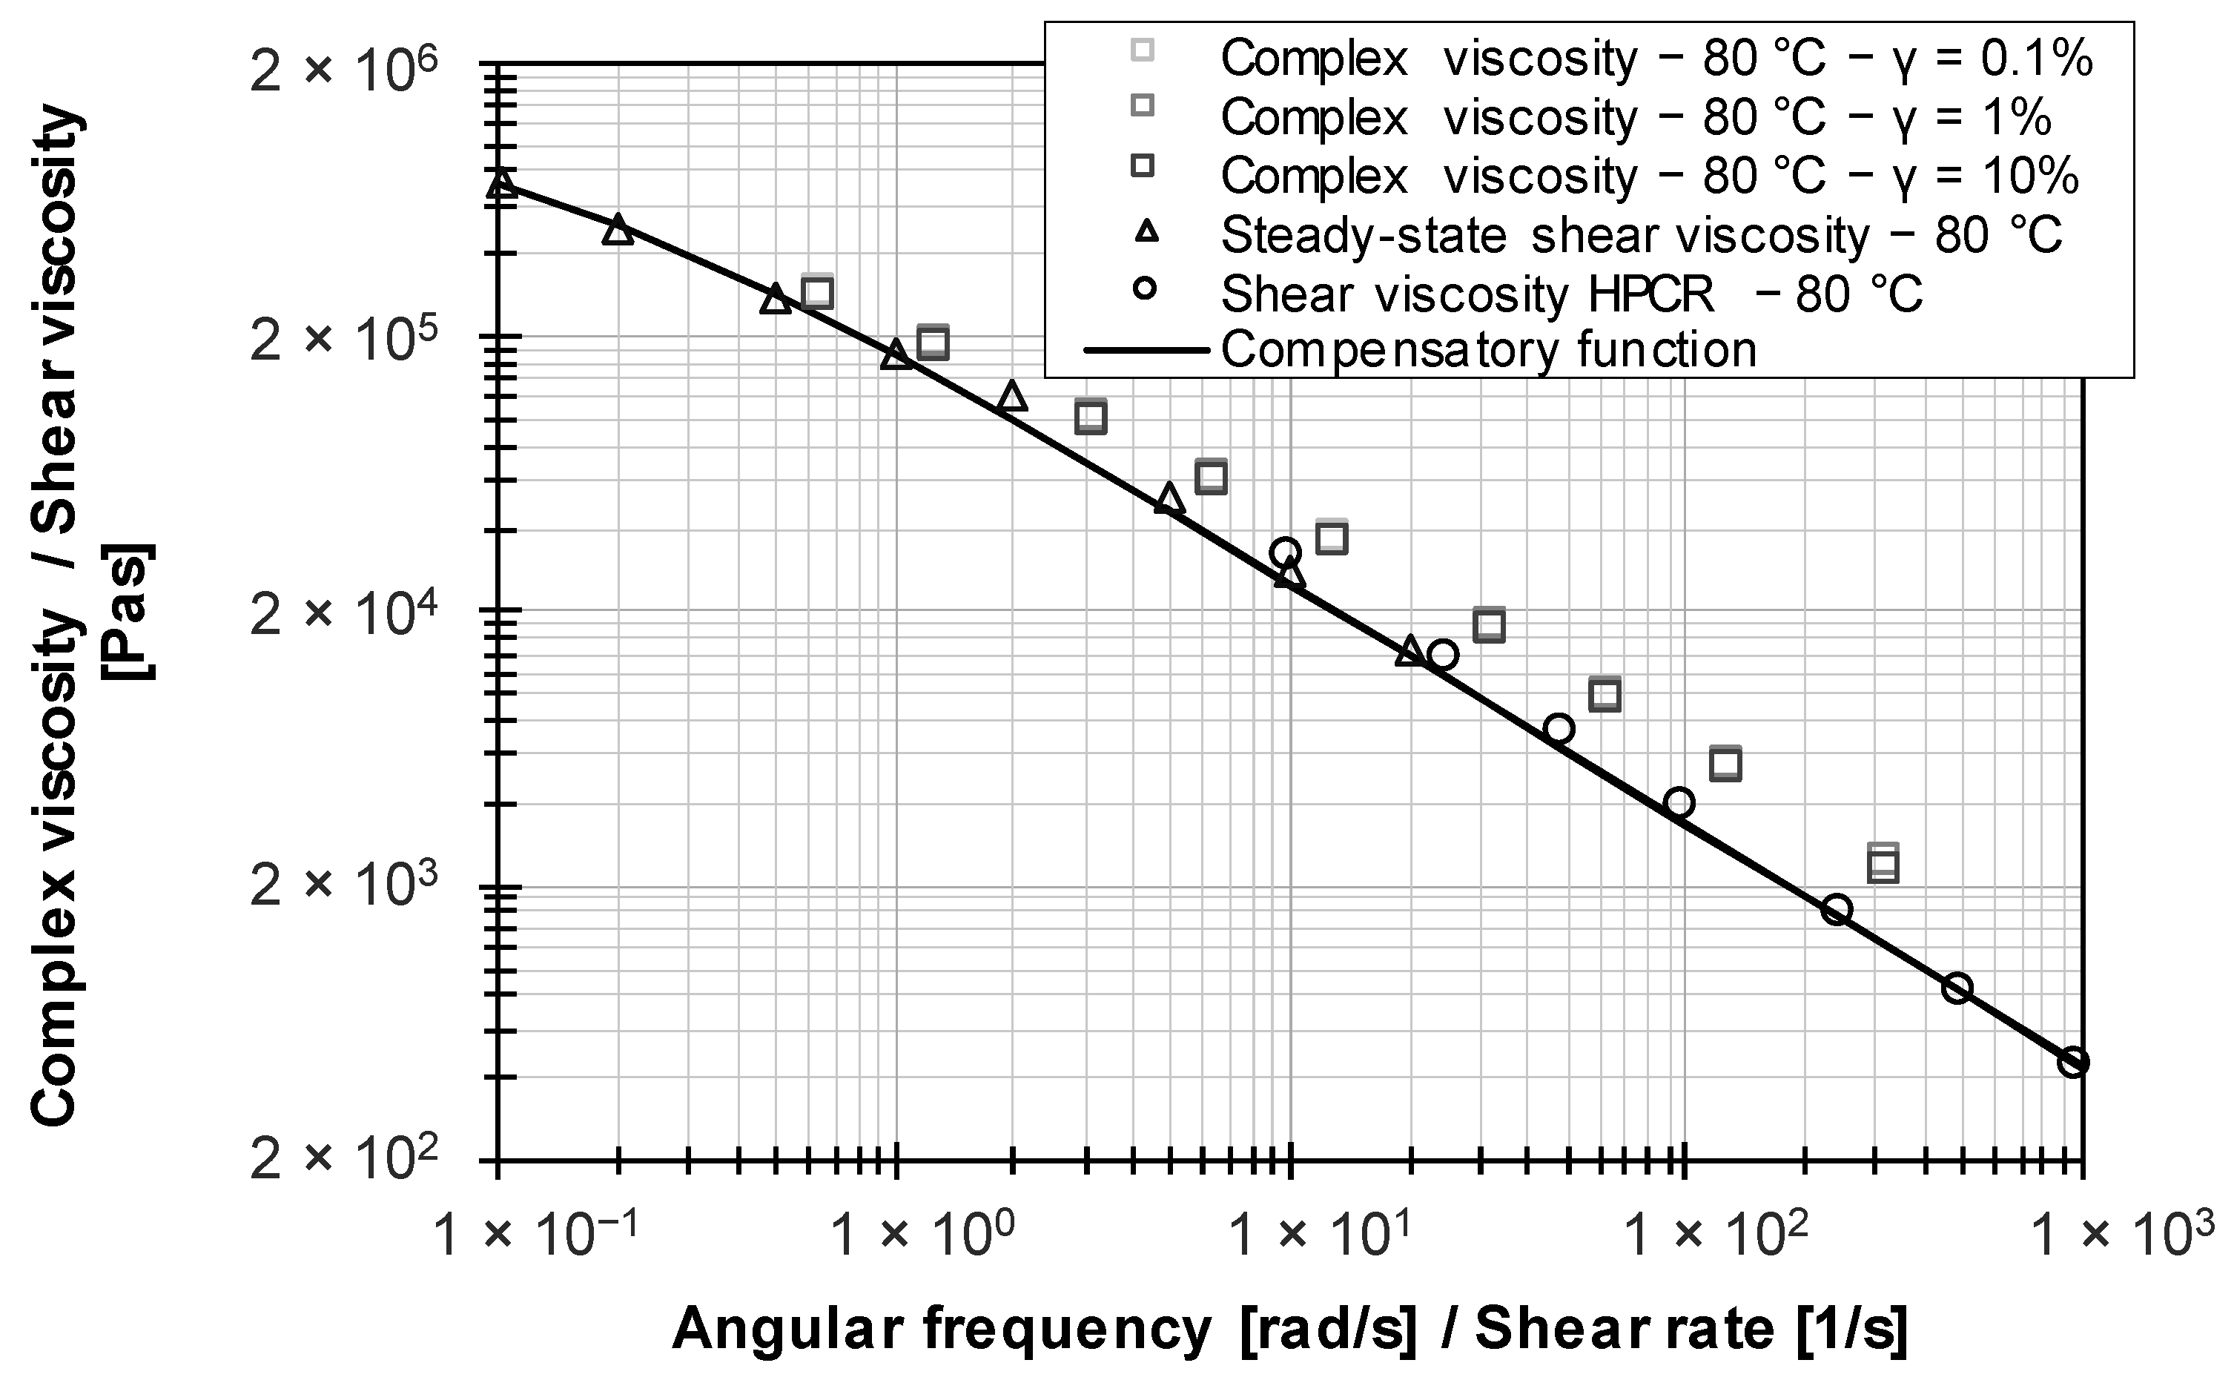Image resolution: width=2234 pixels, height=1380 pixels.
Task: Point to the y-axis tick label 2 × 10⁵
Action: coord(348,343)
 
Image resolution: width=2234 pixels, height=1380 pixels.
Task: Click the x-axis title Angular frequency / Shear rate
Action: coord(1289,1330)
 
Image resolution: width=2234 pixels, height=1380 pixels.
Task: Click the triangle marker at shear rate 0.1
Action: coord(500,183)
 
